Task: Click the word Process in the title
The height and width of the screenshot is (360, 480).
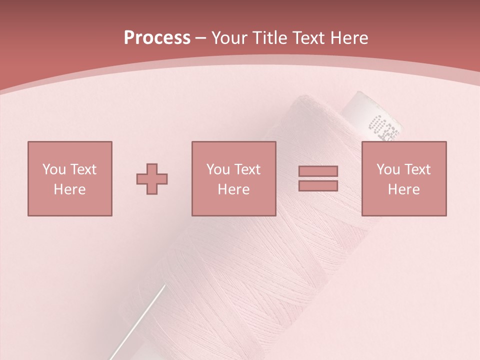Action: (x=157, y=38)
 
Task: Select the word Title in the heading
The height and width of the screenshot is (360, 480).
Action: (x=271, y=38)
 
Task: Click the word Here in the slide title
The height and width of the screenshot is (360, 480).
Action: (x=350, y=38)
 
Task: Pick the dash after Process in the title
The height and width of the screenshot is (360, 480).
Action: (x=201, y=39)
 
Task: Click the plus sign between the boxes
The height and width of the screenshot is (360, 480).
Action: (x=152, y=179)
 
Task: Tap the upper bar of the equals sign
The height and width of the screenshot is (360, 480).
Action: (x=318, y=171)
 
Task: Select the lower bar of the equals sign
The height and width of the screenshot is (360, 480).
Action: (x=318, y=185)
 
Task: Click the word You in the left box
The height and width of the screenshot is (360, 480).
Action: (x=54, y=169)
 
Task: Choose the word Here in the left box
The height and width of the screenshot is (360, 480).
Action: (x=69, y=189)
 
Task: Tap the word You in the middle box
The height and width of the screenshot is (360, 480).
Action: (x=218, y=169)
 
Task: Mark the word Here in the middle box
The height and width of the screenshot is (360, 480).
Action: (x=233, y=189)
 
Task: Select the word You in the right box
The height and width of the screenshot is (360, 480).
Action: (x=388, y=169)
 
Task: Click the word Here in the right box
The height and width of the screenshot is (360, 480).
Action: (x=403, y=189)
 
